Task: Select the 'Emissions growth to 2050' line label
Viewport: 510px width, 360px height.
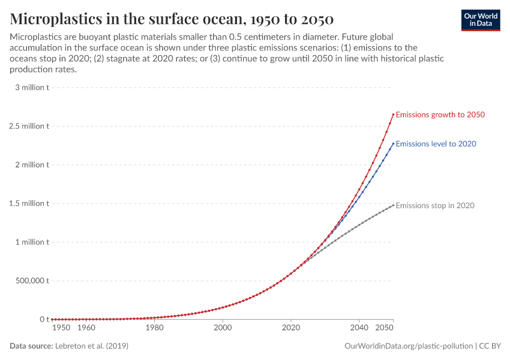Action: point(440,115)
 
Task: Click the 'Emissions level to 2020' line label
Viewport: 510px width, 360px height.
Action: point(436,144)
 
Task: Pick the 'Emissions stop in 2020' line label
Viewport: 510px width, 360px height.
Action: point(435,205)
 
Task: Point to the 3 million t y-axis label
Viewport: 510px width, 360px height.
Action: point(29,88)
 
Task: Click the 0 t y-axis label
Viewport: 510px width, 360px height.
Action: point(44,319)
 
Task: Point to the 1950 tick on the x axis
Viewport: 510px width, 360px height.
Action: point(62,328)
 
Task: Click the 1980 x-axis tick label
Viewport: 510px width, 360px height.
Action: point(155,328)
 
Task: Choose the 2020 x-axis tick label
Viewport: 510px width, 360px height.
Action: point(291,328)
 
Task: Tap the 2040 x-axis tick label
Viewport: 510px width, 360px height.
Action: point(359,328)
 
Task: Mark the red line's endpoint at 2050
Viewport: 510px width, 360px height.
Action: point(393,115)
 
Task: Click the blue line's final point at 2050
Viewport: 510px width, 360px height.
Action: point(393,143)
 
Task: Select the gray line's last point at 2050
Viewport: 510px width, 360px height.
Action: point(393,205)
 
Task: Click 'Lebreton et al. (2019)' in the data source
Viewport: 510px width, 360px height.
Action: point(91,346)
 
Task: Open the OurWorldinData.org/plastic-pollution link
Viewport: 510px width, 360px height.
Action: point(409,346)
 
